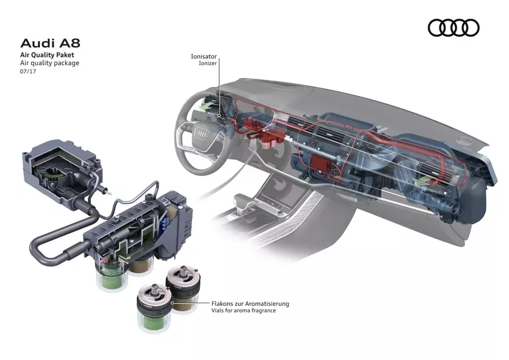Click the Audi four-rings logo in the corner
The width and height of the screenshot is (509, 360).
point(454,27)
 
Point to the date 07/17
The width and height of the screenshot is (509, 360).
point(28,73)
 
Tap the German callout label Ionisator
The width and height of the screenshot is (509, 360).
point(204,57)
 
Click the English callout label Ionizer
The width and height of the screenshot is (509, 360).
point(207,64)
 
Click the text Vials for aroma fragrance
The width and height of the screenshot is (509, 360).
point(243,311)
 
